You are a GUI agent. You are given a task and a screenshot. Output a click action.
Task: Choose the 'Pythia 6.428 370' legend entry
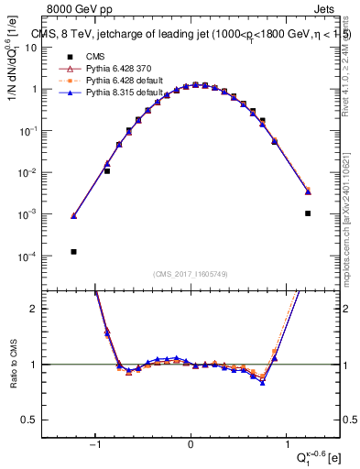(110, 69)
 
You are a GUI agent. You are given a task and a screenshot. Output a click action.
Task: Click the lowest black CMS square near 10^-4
(73, 251)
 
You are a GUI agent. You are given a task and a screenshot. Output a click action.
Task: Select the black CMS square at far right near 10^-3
(308, 213)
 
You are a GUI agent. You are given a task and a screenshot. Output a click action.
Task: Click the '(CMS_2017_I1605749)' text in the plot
(191, 274)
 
